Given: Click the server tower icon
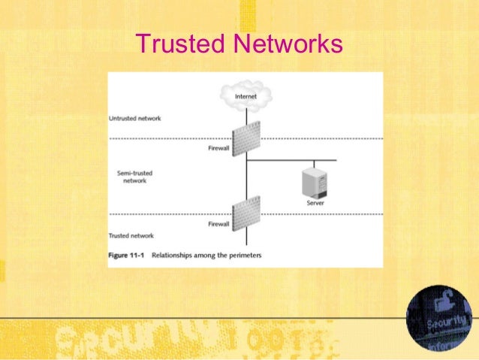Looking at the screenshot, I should pos(312,183).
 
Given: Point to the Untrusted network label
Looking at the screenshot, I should pos(135,119).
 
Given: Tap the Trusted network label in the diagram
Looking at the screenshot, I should pos(132,236).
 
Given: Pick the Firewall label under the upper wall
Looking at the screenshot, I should pos(218,148).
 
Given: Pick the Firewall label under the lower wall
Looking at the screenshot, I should pos(218,224).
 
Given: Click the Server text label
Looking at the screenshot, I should pos(314,203).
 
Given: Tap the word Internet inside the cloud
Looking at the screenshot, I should pos(246,96).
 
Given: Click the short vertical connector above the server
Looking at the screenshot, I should pos(314,165).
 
